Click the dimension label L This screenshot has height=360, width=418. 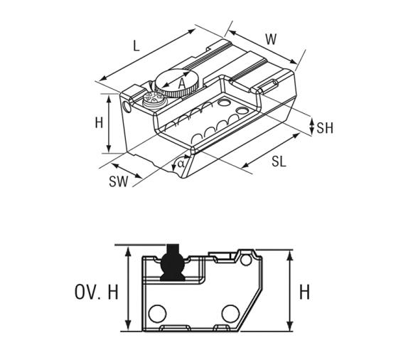click(x=136, y=46)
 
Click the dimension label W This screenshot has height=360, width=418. click(x=271, y=39)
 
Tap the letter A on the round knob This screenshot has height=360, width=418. click(x=182, y=83)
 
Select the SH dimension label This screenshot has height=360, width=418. click(x=325, y=128)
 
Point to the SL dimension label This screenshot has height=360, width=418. click(x=279, y=162)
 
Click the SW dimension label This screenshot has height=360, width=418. click(x=118, y=181)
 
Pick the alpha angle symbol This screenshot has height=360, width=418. click(x=181, y=163)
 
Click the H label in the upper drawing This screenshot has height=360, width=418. click(x=99, y=123)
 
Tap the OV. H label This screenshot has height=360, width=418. click(x=96, y=292)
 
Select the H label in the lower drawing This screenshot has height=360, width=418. click(x=304, y=292)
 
